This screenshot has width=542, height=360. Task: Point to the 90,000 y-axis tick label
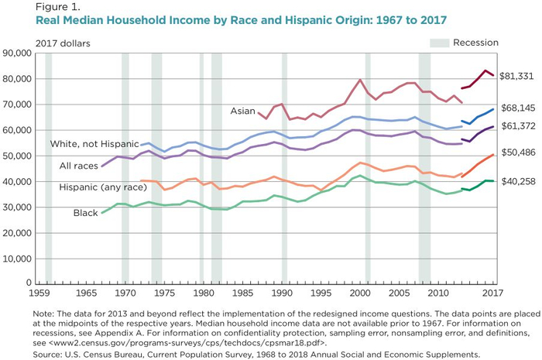(x=16, y=53)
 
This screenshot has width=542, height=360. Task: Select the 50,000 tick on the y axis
(x=16, y=156)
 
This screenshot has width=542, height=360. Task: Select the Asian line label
(x=242, y=111)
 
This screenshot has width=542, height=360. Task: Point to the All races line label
(x=78, y=166)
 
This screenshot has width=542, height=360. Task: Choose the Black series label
(x=85, y=212)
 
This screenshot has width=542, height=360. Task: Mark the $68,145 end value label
(x=518, y=108)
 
